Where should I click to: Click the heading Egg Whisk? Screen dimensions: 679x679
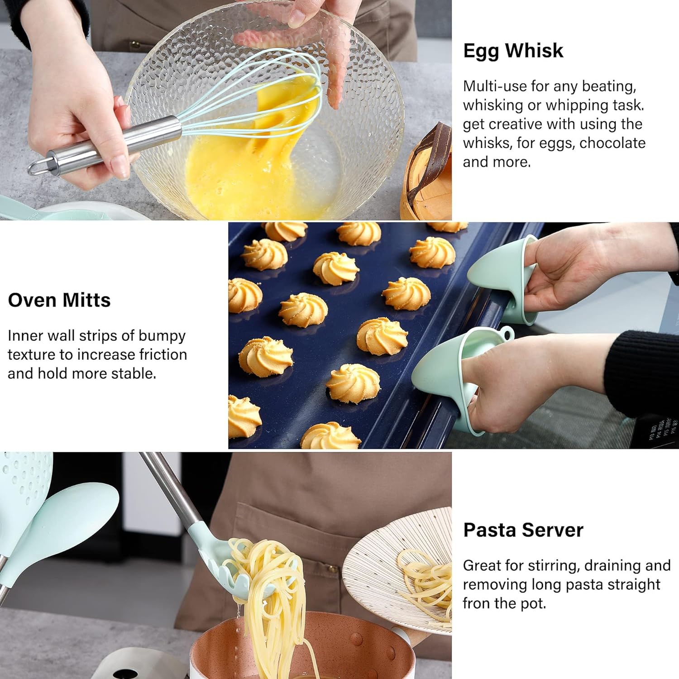pyautogui.click(x=513, y=51)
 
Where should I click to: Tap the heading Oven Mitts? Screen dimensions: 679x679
pyautogui.click(x=59, y=300)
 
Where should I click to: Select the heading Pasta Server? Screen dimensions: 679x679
pyautogui.click(x=523, y=530)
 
